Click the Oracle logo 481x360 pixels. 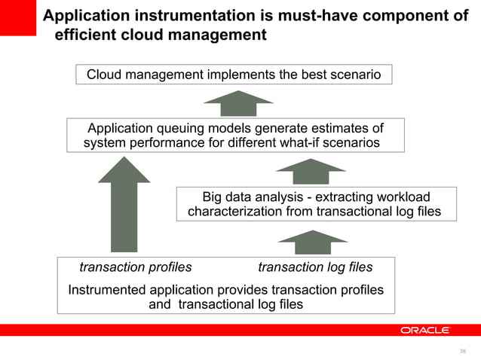(x=425, y=330)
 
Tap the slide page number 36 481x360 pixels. (x=463, y=351)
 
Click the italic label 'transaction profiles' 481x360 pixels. (x=136, y=267)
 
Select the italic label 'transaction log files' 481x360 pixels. (x=315, y=267)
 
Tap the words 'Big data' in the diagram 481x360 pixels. (x=227, y=197)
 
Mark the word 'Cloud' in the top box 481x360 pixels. (x=105, y=75)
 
